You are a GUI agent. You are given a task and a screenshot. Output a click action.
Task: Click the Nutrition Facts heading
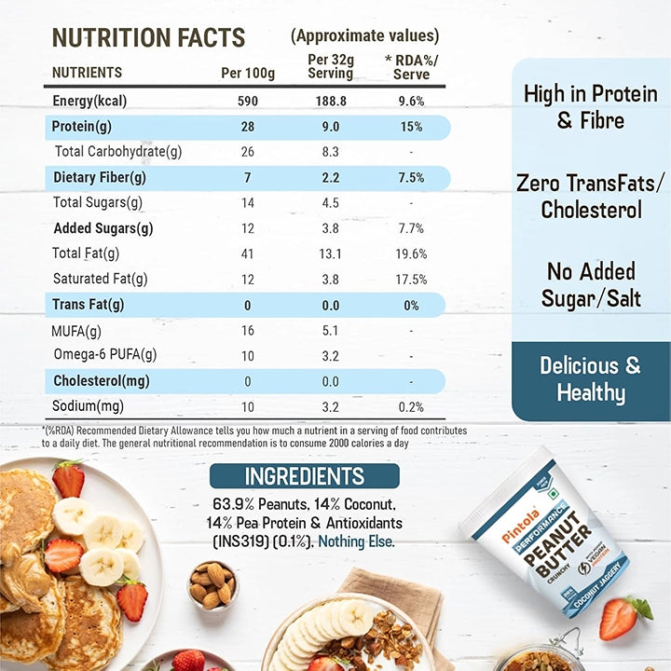tap(148, 38)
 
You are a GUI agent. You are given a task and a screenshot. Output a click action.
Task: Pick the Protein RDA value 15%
tap(411, 127)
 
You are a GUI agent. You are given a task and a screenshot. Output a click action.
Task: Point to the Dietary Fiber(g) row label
tap(100, 177)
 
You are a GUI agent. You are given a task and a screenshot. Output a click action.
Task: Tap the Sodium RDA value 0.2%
tap(411, 406)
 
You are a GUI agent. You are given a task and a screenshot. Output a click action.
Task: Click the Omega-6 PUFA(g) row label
tap(105, 355)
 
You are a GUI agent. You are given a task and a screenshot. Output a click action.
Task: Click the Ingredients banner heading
tap(304, 476)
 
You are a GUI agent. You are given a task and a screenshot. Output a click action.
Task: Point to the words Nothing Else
tap(356, 541)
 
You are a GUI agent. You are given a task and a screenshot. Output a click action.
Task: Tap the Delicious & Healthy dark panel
tap(591, 379)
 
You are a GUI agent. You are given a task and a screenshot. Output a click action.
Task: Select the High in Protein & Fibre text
tap(591, 107)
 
